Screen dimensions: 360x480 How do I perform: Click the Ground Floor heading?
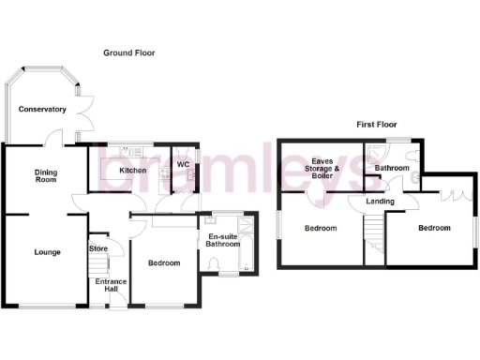click(128, 53)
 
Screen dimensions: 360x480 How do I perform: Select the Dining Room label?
click(47, 176)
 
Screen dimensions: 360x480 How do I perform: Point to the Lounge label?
click(47, 252)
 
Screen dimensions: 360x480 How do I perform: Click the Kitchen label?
click(132, 171)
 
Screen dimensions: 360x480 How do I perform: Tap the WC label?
click(185, 165)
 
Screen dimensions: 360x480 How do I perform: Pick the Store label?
click(98, 248)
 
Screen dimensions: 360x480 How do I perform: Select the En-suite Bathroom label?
click(224, 241)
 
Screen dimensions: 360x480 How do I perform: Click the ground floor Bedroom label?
click(164, 263)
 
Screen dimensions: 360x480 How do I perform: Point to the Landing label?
click(380, 202)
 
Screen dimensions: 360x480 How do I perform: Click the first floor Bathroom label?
click(391, 169)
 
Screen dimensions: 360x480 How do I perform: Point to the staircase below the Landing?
click(373, 230)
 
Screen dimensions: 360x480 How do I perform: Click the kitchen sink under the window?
click(129, 153)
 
